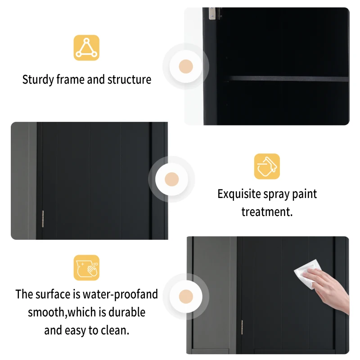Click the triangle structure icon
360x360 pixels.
click(x=86, y=48)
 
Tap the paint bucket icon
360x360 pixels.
click(x=267, y=166)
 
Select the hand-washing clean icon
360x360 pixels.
click(x=86, y=268)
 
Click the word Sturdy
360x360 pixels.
click(x=38, y=80)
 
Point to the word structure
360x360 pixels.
click(x=129, y=80)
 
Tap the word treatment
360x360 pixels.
click(x=267, y=212)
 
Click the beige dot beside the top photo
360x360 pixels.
click(x=186, y=67)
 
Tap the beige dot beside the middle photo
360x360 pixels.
click(x=172, y=179)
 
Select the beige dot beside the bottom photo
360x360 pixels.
click(x=186, y=296)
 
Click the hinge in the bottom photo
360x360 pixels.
click(x=242, y=327)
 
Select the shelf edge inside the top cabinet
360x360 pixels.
click(x=288, y=78)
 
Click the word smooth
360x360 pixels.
click(x=48, y=312)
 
